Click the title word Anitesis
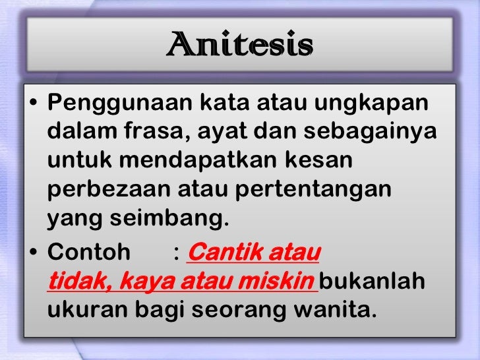239,45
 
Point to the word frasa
155,132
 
